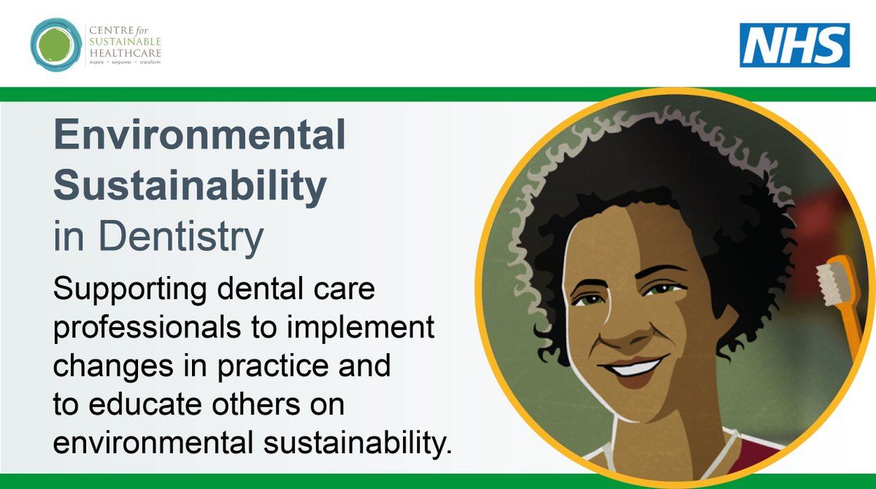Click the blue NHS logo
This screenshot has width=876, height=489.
tap(794, 45)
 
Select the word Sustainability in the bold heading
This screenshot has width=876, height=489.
tap(190, 187)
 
